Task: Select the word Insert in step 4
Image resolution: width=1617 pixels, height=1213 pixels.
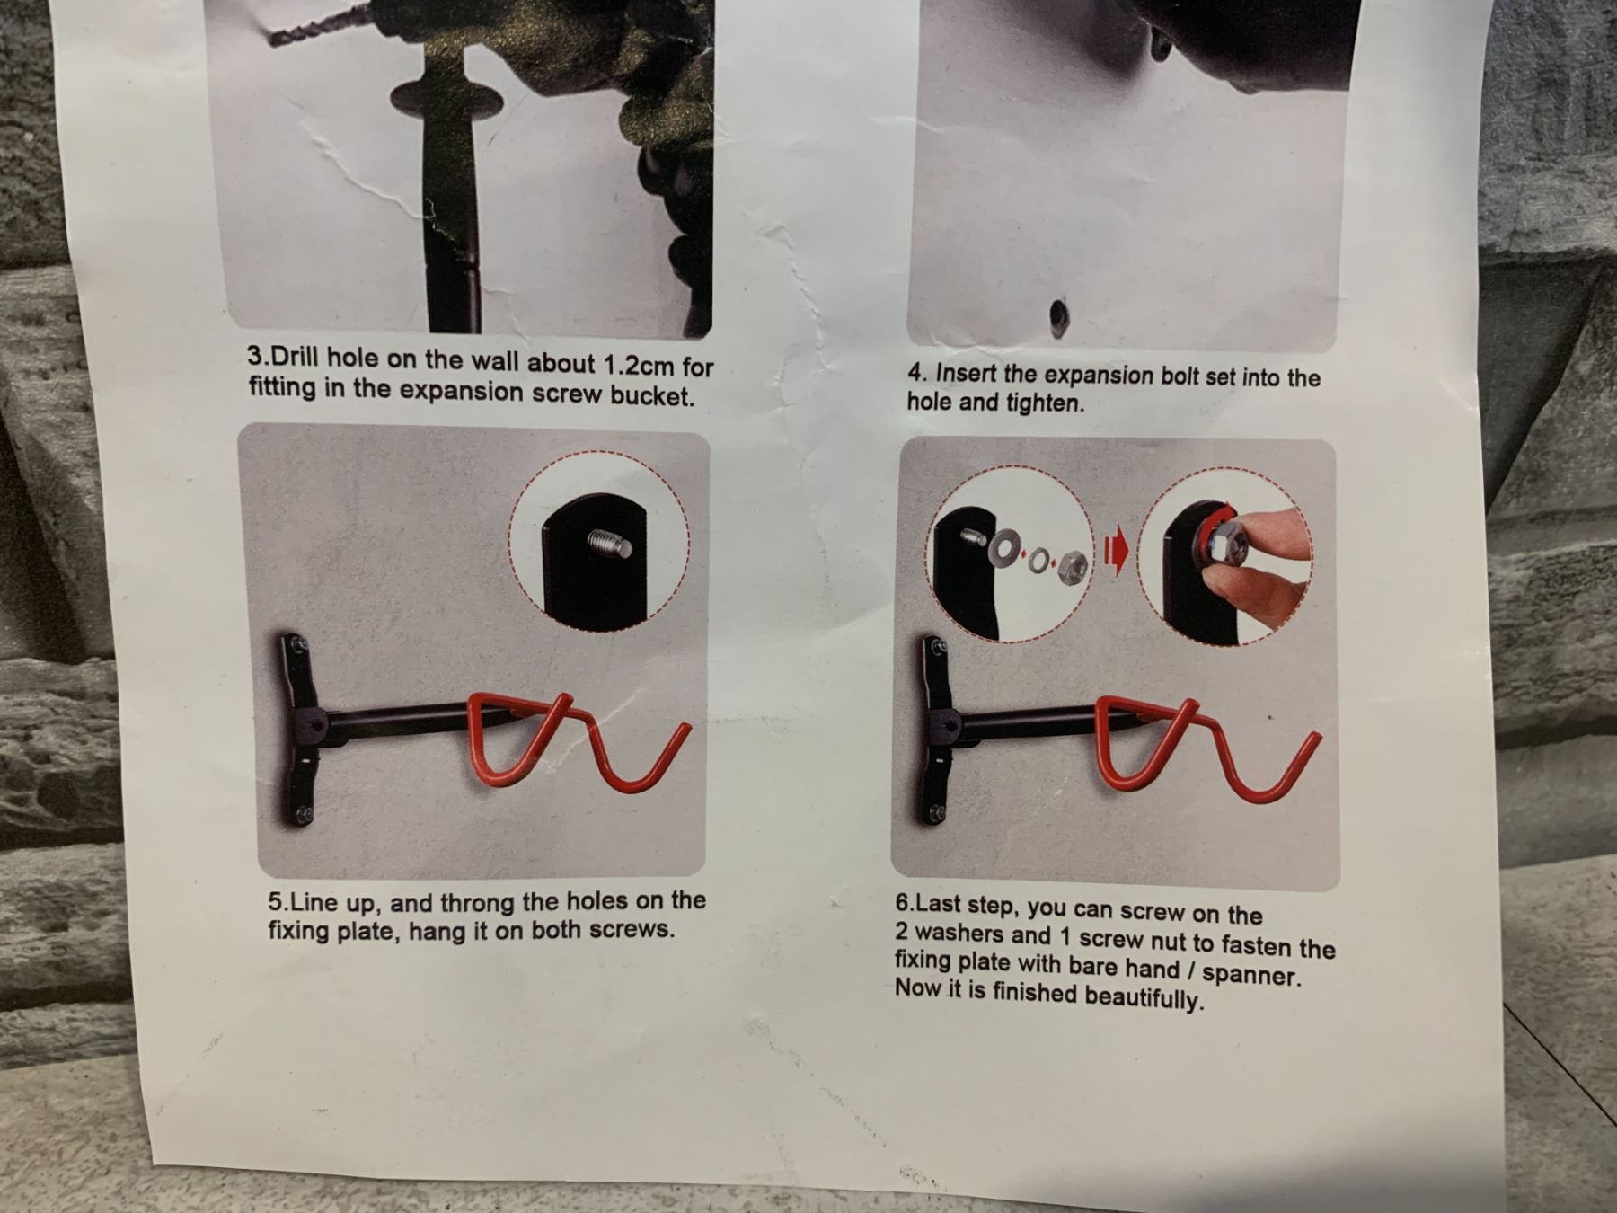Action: [x=966, y=373]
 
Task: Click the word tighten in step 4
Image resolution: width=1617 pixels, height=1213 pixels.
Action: [x=1045, y=403]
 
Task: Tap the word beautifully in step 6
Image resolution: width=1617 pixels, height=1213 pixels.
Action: [x=1144, y=996]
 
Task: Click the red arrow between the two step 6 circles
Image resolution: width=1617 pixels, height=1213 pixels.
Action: [x=1115, y=554]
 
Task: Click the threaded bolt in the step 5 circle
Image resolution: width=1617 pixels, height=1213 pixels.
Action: [x=609, y=543]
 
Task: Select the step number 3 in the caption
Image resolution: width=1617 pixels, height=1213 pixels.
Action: [x=254, y=355]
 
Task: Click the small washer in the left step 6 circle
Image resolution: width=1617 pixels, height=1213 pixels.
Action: [x=1038, y=562]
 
